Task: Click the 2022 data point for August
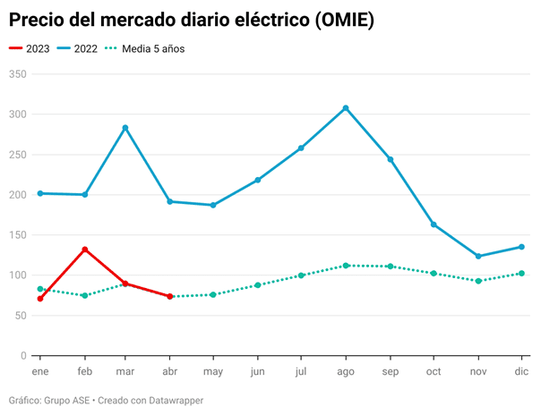[346, 108]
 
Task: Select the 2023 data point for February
[84, 250]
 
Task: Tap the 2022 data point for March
[125, 128]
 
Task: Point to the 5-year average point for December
[521, 274]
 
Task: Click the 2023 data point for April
[169, 296]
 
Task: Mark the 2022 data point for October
[434, 224]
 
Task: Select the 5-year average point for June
[258, 285]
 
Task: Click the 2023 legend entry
[30, 49]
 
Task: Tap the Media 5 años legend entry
[143, 49]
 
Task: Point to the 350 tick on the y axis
[16, 74]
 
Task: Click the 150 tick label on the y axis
[16, 235]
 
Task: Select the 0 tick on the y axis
[22, 356]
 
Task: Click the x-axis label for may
[213, 370]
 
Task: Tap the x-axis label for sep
[390, 370]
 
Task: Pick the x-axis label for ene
[40, 370]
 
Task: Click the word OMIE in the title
[340, 19]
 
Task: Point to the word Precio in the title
[39, 19]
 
